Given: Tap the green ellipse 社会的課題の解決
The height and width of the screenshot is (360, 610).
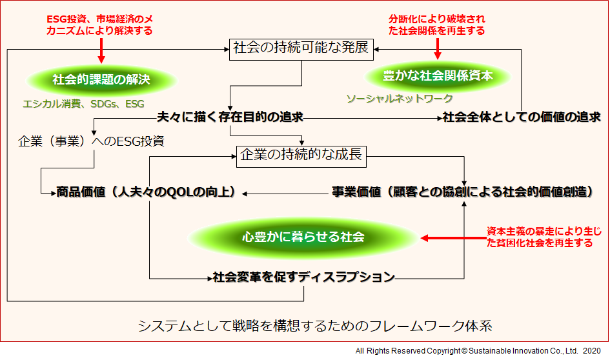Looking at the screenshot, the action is coord(101,80).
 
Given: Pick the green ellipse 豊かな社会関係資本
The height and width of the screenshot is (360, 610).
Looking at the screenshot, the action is coord(438,76).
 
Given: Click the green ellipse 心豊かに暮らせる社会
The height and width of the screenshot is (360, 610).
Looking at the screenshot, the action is coord(303,237).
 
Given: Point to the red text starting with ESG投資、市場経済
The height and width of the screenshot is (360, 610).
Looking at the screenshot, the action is coord(99,25).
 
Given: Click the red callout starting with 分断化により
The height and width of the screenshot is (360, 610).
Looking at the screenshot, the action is coord(437,25).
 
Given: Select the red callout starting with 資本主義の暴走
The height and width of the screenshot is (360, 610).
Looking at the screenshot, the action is coord(544,237).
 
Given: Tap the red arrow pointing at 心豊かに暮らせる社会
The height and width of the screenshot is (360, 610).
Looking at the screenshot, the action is coord(454,238).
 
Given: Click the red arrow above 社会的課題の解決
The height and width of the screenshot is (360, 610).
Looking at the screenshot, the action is coord(101,50).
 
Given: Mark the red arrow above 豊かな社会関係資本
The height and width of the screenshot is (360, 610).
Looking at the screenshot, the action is coord(438,48).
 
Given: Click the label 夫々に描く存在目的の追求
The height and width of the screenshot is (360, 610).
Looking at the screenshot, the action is coord(230,117).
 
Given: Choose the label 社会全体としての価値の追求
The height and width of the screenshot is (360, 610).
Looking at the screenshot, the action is coord(522,117).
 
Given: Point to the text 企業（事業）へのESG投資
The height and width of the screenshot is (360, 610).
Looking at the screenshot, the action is coord(92,141).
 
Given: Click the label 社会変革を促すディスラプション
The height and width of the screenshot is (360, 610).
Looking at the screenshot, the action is coord(304,277).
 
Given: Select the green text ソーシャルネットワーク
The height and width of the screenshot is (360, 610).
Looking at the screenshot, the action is coord(400,99).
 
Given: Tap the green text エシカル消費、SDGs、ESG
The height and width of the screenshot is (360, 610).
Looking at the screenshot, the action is coord(84,104).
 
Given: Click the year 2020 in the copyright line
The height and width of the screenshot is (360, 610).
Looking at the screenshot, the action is coord(592,351).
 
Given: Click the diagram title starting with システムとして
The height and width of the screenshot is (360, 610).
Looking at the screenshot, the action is coord(315,326).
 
